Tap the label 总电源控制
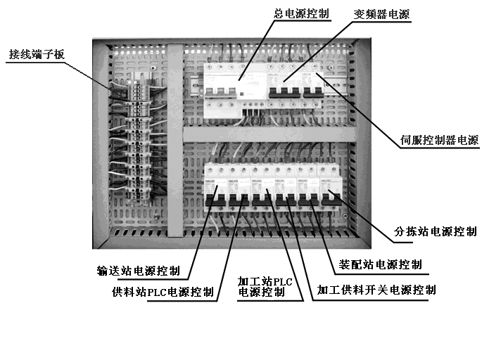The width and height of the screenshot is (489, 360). [x=300, y=13]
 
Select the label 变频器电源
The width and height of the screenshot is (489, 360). [x=381, y=13]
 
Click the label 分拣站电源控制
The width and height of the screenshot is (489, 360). [x=435, y=231]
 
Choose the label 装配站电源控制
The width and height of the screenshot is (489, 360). [x=381, y=265]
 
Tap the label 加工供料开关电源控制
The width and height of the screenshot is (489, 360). [x=376, y=290]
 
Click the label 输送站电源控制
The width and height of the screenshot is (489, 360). [x=138, y=271]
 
